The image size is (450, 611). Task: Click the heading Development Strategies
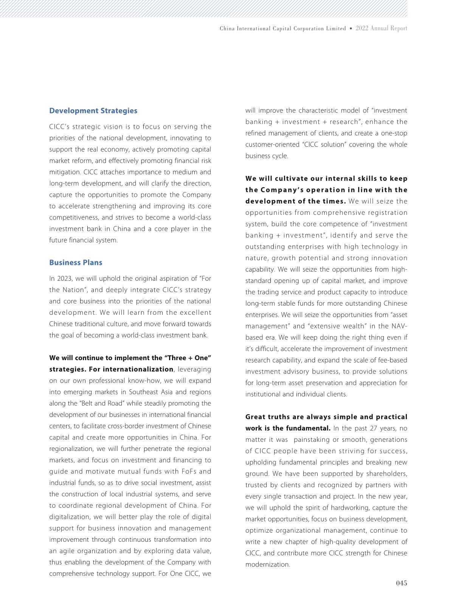point(93,111)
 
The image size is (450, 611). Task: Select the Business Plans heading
point(76,263)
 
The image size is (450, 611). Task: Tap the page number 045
point(401,583)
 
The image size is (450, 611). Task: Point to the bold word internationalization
point(138,369)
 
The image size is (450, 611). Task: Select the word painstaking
point(310,440)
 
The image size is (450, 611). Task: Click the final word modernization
point(267,564)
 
